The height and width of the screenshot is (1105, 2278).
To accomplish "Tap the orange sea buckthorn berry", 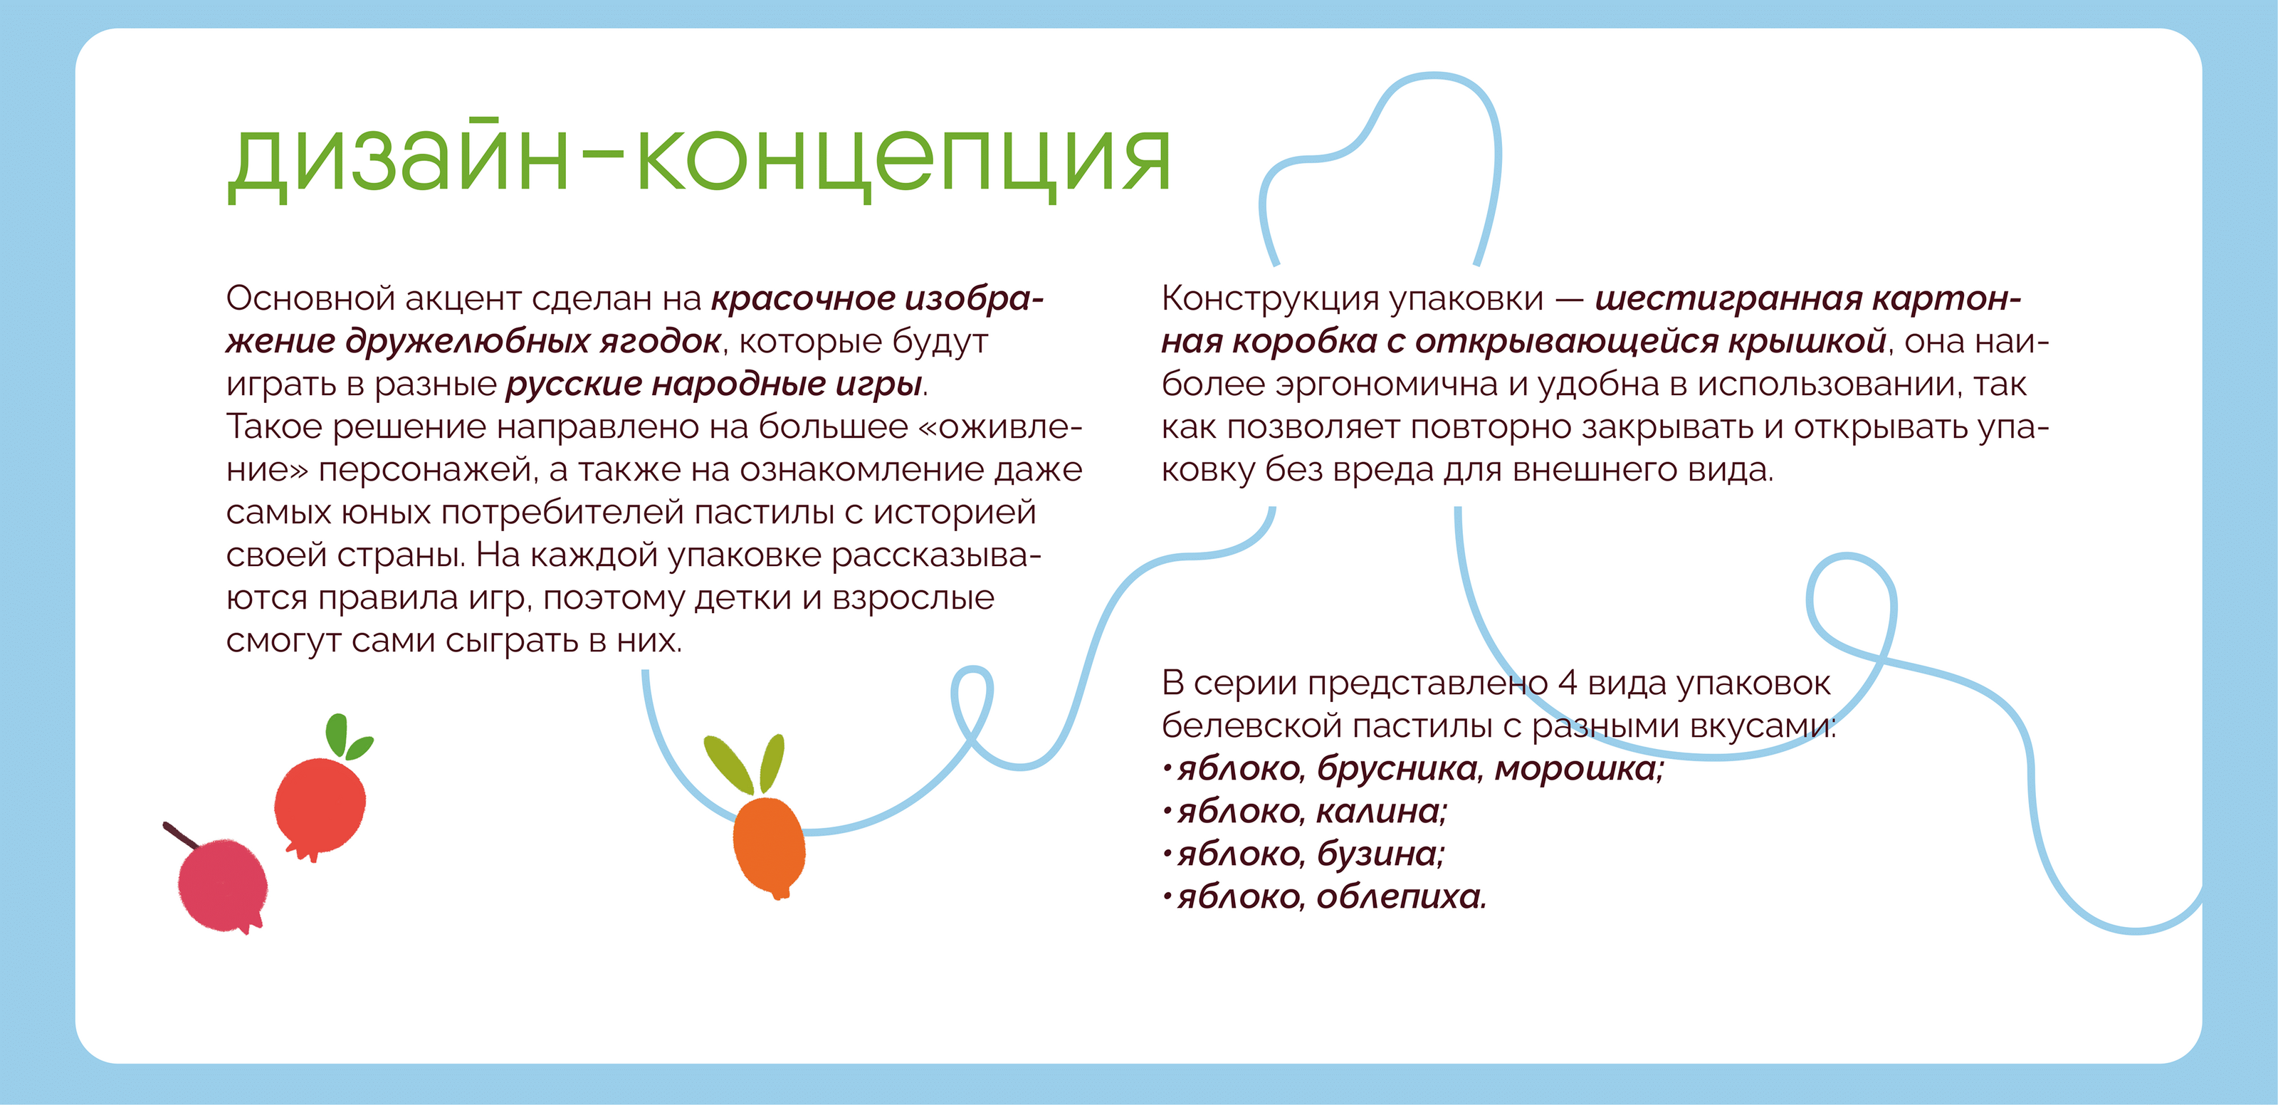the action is (x=769, y=847).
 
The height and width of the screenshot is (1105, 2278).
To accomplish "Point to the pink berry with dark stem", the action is (x=222, y=886).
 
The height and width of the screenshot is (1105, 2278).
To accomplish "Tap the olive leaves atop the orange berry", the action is (x=745, y=763).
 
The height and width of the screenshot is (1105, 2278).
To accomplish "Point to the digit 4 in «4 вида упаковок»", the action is (x=1567, y=683).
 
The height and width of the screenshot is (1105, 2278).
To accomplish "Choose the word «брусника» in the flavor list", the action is (x=1399, y=769).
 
